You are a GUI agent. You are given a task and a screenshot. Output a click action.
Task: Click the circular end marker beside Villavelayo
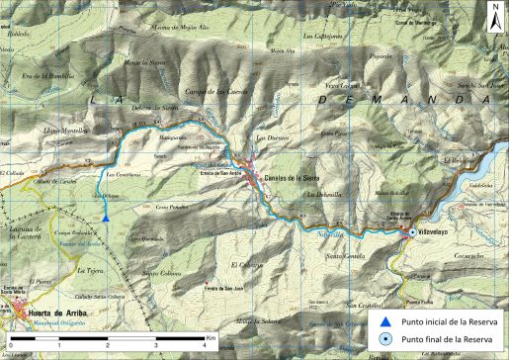[x=411, y=233]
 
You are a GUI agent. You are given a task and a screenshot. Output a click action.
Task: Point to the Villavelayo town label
[x=434, y=234]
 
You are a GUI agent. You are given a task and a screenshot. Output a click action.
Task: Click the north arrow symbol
[x=493, y=14]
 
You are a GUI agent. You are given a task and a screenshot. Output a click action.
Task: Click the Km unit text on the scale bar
[x=212, y=338]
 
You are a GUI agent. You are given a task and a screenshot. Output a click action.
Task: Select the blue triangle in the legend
[x=385, y=322]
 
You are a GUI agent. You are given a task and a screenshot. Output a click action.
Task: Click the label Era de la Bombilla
[x=48, y=76]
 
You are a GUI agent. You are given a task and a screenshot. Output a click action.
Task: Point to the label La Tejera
[x=90, y=269]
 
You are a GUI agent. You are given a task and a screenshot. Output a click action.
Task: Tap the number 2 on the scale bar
[x=107, y=346]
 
